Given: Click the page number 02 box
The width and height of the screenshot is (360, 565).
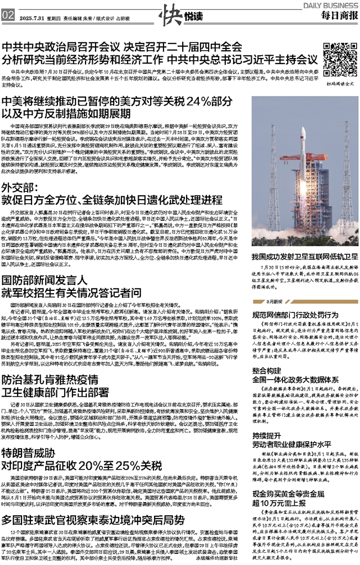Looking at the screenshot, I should [8, 15].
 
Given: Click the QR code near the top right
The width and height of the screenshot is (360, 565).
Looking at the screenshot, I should [338, 58].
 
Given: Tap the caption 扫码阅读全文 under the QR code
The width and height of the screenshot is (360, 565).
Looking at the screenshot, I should [338, 83].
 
